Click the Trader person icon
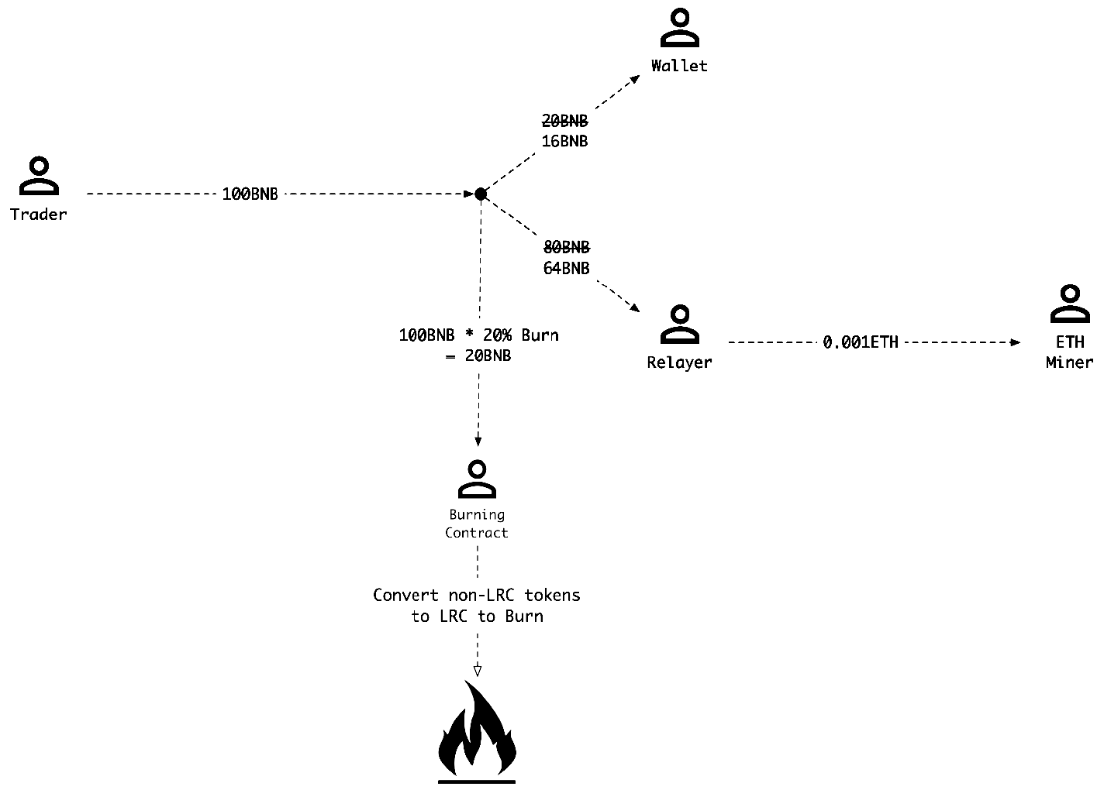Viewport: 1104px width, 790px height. click(x=39, y=176)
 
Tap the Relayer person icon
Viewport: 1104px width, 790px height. click(x=680, y=325)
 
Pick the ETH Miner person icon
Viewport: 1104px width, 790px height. click(x=1070, y=304)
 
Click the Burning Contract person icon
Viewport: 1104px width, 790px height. click(x=478, y=479)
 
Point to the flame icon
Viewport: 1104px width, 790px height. click(x=477, y=732)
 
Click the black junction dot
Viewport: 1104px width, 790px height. click(x=481, y=194)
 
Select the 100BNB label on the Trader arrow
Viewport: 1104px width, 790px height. click(x=250, y=194)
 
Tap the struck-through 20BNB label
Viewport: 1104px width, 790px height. click(x=564, y=122)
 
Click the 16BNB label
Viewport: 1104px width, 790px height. click(x=564, y=142)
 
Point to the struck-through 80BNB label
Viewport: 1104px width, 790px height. click(x=567, y=248)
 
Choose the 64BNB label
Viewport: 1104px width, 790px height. click(x=567, y=269)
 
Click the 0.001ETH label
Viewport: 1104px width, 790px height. click(x=861, y=342)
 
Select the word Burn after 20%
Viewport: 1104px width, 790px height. click(x=540, y=335)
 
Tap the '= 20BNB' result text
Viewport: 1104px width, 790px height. click(x=478, y=356)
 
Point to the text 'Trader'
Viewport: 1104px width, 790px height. click(x=39, y=215)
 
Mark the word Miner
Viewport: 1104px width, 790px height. click(x=1069, y=362)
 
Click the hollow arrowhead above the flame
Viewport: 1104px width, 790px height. click(x=478, y=670)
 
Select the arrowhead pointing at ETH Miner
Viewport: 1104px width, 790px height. click(x=1016, y=342)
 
